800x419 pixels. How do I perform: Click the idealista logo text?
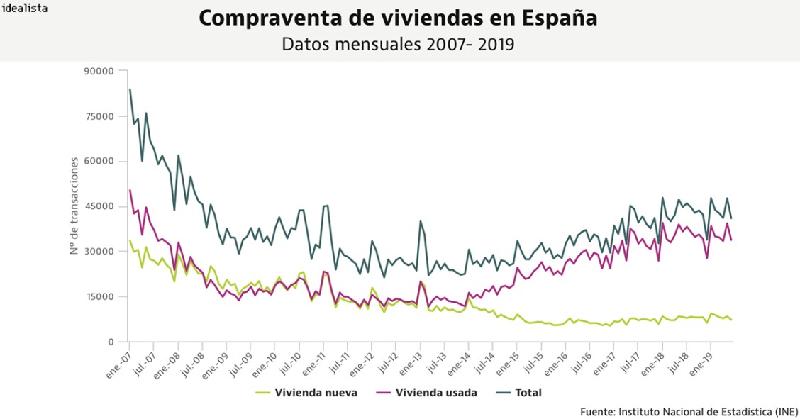(25, 9)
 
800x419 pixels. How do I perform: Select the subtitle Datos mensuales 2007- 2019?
(398, 44)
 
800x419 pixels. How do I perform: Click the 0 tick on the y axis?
(111, 342)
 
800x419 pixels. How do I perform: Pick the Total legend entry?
(528, 392)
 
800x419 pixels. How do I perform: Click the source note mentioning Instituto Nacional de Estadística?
(689, 411)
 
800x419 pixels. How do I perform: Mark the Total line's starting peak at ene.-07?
(130, 89)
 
